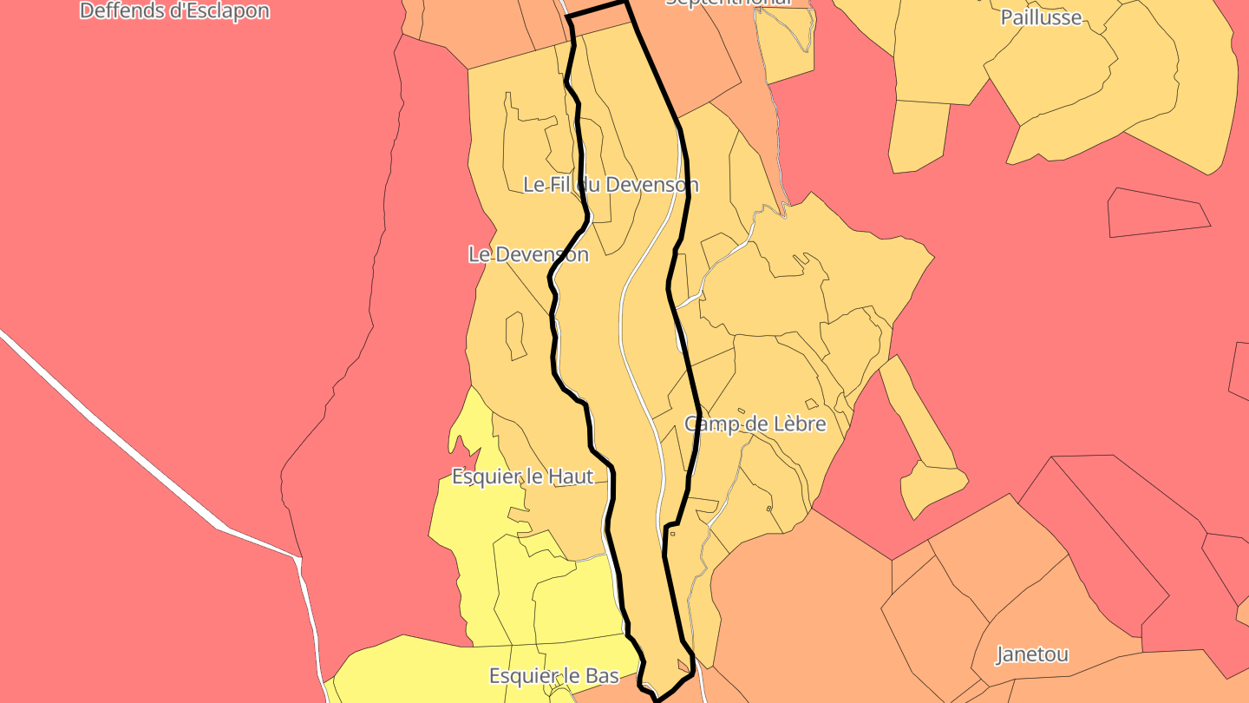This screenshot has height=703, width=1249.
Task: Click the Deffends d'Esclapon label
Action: coord(174,11)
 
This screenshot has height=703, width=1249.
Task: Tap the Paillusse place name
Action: coord(1041,17)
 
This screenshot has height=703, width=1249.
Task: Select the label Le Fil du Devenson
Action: coord(611,185)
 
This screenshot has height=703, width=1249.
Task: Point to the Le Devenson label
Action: coord(528,254)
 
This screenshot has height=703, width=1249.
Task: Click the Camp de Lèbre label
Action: coord(755,424)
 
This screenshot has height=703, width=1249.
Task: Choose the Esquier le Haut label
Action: coord(522,476)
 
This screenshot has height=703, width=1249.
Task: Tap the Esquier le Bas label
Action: coord(553,675)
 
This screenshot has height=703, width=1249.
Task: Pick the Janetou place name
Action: coord(1031,654)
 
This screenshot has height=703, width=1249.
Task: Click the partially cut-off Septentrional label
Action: coord(729,3)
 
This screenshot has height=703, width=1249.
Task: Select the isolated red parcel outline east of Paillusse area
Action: coord(1158,213)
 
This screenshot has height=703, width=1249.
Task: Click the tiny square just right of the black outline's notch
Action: coord(673,534)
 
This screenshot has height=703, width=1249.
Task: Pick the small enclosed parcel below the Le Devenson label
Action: coord(515,335)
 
